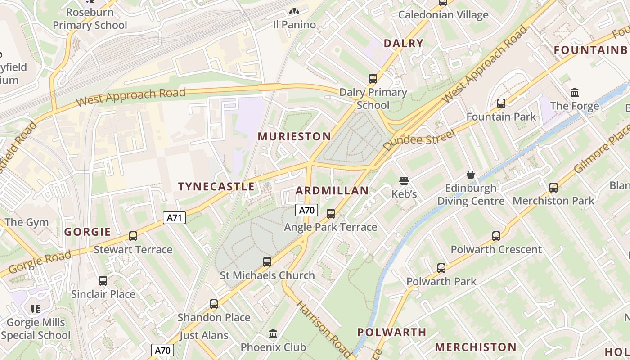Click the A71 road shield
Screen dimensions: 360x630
tap(174, 218)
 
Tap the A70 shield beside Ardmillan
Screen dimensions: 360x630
tap(306, 210)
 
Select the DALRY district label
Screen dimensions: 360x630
tap(403, 43)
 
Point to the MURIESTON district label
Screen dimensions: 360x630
tap(294, 136)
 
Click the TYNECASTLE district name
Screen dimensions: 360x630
tap(216, 187)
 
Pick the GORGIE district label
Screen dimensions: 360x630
tap(87, 232)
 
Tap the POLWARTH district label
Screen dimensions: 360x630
tap(391, 333)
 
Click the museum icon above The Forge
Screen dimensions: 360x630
tap(575, 93)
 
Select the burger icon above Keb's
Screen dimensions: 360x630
tap(404, 181)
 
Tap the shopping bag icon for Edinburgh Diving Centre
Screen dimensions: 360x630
tap(471, 174)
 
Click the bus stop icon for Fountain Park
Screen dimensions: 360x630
tap(501, 103)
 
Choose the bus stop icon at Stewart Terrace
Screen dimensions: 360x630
tap(133, 236)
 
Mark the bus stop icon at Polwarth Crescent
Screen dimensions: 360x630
tap(496, 236)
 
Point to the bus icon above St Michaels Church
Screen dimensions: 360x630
tap(267, 262)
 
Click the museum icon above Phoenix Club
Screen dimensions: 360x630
tap(273, 334)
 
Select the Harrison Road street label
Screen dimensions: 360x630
tap(323, 328)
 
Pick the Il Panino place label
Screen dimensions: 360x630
tap(294, 25)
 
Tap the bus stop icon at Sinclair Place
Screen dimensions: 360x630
tap(103, 281)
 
